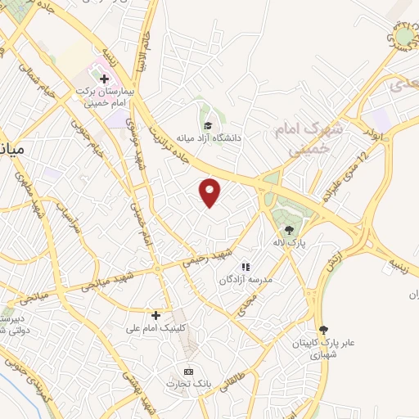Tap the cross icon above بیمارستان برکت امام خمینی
pyautogui.click(x=104, y=79)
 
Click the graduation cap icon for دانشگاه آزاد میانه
pyautogui.click(x=208, y=126)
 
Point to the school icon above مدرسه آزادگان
pyautogui.click(x=244, y=267)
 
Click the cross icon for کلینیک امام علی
pyautogui.click(x=155, y=314)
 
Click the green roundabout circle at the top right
pyautogui.click(x=405, y=37)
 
